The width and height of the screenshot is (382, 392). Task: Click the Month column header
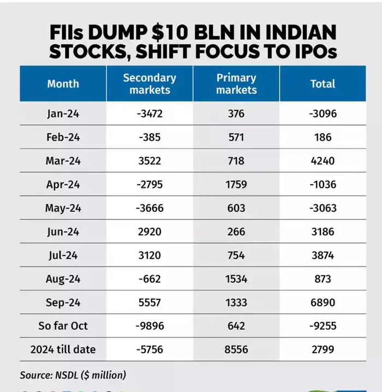pyautogui.click(x=63, y=84)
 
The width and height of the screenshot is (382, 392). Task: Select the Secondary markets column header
pyautogui.click(x=150, y=84)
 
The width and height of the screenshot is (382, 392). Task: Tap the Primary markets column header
pyautogui.click(x=236, y=84)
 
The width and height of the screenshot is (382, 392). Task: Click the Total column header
pyautogui.click(x=323, y=84)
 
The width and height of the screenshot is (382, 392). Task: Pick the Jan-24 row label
pyautogui.click(x=63, y=114)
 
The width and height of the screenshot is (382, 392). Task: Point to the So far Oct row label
pyautogui.click(x=63, y=326)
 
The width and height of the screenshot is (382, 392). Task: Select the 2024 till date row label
pyautogui.click(x=63, y=349)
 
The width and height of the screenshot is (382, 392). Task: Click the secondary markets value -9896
pyautogui.click(x=150, y=326)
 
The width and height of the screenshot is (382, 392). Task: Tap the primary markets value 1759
pyautogui.click(x=236, y=185)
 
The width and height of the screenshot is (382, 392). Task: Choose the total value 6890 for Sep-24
pyautogui.click(x=323, y=302)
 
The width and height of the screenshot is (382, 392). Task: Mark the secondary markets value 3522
pyautogui.click(x=150, y=161)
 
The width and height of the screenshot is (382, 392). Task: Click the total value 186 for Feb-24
pyautogui.click(x=323, y=137)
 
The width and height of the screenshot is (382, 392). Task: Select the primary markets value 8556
pyautogui.click(x=236, y=349)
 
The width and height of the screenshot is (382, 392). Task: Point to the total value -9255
pyautogui.click(x=323, y=326)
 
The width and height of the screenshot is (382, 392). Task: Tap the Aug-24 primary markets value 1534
pyautogui.click(x=236, y=279)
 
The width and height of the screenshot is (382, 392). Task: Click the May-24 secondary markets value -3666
pyautogui.click(x=150, y=208)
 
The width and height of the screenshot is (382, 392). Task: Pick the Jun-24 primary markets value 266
pyautogui.click(x=236, y=231)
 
